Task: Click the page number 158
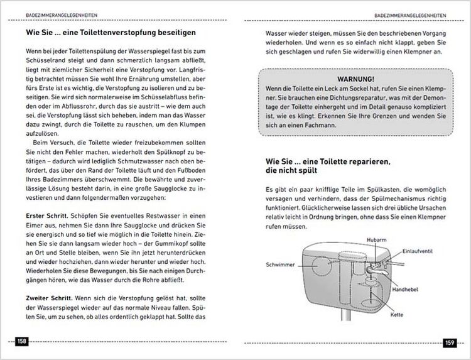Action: (21, 341)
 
